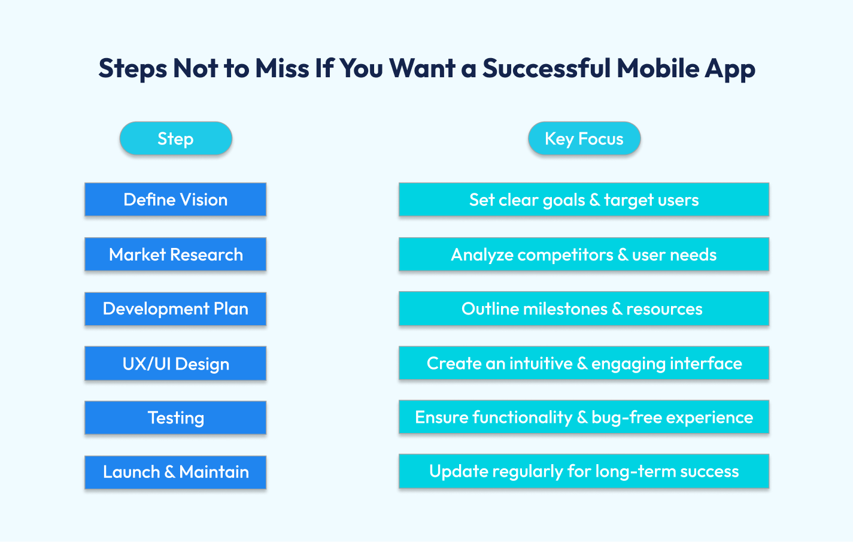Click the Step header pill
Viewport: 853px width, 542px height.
(175, 138)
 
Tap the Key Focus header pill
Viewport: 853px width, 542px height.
(584, 138)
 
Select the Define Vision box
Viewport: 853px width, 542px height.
(175, 199)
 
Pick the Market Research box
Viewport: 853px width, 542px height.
(175, 255)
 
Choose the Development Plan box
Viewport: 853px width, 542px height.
(175, 309)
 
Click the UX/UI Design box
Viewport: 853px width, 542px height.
(175, 364)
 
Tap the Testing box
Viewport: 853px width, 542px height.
(175, 418)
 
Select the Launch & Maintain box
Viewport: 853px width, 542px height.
(175, 473)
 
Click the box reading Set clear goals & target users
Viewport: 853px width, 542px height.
(584, 199)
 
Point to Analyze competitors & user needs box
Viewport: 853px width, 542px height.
(584, 255)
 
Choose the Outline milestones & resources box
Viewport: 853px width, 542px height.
(584, 308)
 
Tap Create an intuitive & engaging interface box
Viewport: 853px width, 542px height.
(584, 363)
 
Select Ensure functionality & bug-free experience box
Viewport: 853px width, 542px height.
(584, 417)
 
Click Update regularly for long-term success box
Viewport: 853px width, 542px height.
(584, 471)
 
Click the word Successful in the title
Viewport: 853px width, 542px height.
(547, 68)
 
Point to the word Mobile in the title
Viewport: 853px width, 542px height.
(658, 68)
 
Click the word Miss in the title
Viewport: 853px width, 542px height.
(282, 68)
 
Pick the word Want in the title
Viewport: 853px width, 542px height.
(422, 68)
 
